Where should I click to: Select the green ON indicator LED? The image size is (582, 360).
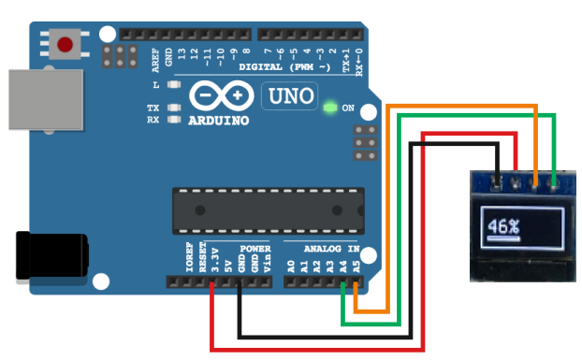[x=328, y=108]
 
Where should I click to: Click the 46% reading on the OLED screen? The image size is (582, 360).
[x=503, y=226]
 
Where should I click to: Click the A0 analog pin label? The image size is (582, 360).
[x=291, y=266]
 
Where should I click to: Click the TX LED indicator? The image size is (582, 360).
[x=173, y=108]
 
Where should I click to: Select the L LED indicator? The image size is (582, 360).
[x=173, y=85]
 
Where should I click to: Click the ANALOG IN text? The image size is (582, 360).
[x=333, y=249]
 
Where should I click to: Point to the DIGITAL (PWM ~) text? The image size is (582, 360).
[x=285, y=68]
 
